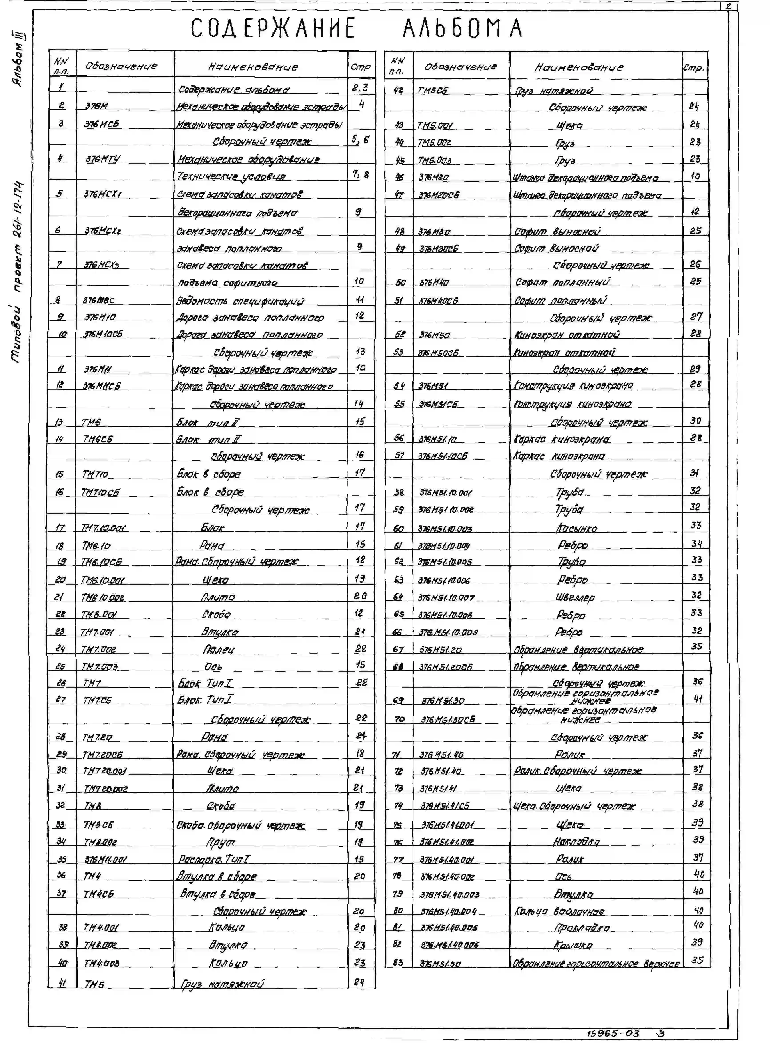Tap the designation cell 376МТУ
coord(103,159)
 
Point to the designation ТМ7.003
coord(99,666)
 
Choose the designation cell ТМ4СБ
coord(98,893)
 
